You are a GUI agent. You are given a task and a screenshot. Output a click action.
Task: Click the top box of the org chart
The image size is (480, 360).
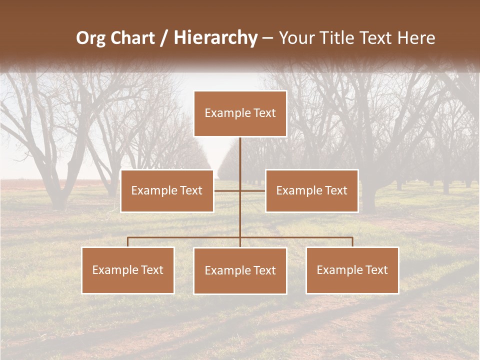[240, 113]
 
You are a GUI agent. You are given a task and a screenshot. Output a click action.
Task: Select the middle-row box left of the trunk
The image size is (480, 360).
[167, 190]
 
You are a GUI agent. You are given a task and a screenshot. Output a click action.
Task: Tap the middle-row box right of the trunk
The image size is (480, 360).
[311, 190]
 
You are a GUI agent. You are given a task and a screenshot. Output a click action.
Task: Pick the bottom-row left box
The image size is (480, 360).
[128, 270]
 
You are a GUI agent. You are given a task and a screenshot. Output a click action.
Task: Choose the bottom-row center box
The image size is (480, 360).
[240, 270]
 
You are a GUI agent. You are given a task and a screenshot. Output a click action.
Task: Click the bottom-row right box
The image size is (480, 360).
[352, 270]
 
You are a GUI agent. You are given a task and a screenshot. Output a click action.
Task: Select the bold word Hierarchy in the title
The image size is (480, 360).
[215, 38]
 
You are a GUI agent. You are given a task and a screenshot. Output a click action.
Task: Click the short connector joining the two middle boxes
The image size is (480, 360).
[227, 190]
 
